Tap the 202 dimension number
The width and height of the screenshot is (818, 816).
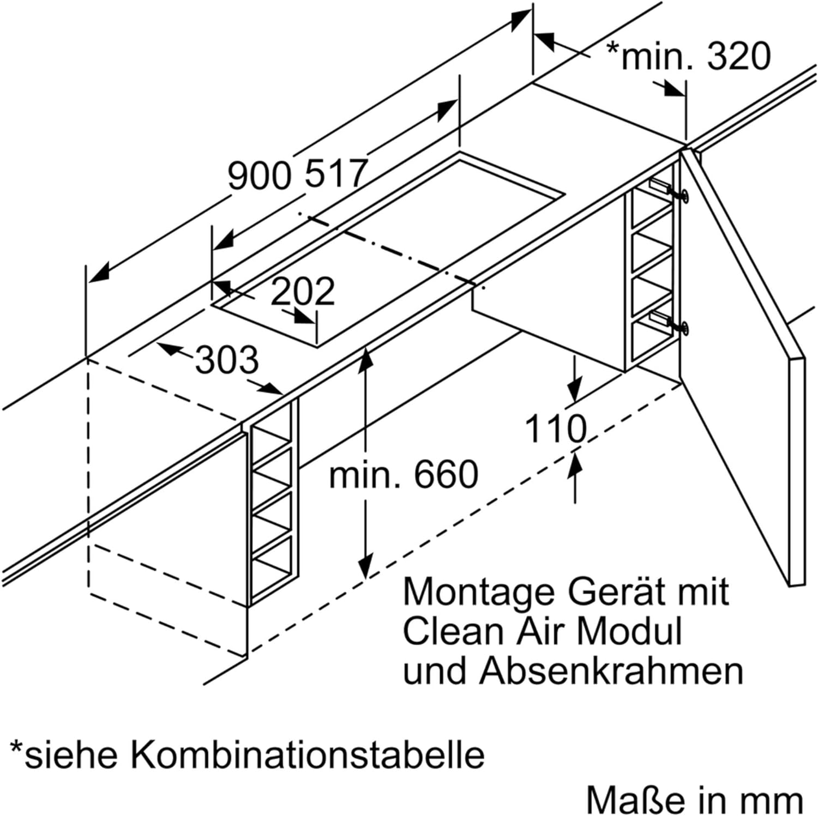302,292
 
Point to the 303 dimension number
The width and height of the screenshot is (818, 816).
227,360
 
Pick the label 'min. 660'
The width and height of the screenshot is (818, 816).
404,474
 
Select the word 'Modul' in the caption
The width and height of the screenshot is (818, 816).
629,631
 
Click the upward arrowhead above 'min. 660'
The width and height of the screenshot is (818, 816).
366,359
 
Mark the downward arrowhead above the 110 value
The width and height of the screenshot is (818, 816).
574,390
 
